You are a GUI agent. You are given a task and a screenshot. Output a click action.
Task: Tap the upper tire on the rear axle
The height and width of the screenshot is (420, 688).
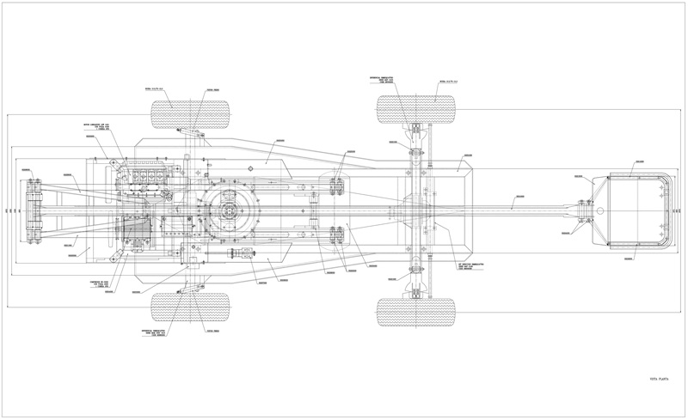coord(415,113)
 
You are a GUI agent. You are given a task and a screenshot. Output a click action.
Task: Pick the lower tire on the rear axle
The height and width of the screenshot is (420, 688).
coord(415,307)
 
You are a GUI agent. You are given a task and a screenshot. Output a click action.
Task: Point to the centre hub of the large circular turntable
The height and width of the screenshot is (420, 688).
coord(230,210)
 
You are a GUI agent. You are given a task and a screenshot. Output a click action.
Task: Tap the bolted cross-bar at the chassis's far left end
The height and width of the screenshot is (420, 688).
coord(34,210)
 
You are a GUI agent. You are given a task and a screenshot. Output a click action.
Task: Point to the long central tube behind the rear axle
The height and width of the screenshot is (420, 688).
coord(507,209)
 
